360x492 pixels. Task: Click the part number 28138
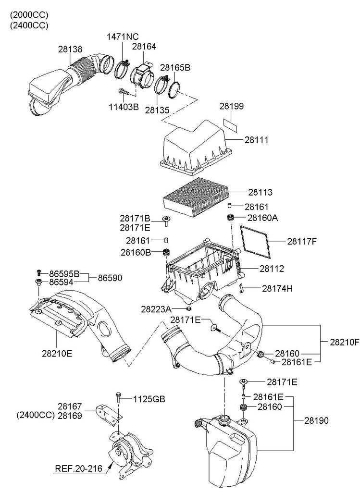[x=70, y=49]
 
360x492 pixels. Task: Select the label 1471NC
[x=123, y=37]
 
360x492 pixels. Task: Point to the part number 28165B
[x=175, y=67]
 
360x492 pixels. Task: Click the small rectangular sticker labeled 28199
[x=230, y=125]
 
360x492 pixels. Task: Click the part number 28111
[x=257, y=140]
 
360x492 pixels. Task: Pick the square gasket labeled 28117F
[x=256, y=242]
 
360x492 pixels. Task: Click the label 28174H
[x=277, y=288]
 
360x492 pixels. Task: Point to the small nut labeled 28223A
[x=188, y=309]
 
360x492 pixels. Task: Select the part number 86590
[x=110, y=278]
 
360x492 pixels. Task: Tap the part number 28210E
[x=57, y=353]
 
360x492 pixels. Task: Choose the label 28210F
[x=344, y=342]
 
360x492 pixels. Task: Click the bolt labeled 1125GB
[x=118, y=397]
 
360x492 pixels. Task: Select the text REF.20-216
[x=78, y=468]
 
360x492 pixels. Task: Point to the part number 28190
[x=316, y=420]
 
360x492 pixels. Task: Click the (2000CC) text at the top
[x=29, y=15]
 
